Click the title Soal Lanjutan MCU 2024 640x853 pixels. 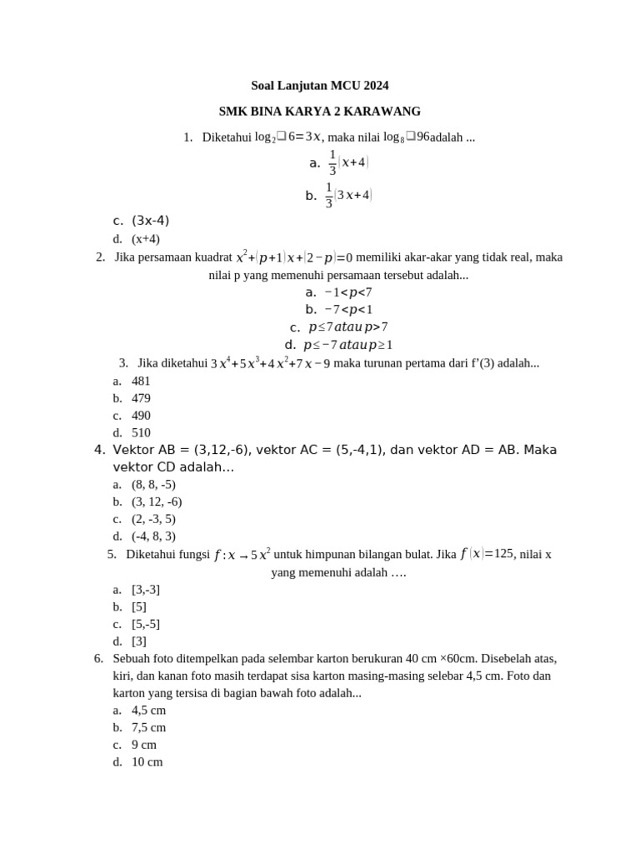[320, 86]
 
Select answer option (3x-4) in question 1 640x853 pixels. [150, 221]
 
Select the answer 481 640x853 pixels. [141, 381]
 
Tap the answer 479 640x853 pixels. [141, 398]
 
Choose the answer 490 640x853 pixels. [141, 416]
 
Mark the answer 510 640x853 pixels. [141, 433]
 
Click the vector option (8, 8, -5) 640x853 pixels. [153, 484]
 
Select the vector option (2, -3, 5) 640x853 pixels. [153, 519]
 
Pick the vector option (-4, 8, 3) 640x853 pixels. [153, 536]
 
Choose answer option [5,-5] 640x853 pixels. [146, 624]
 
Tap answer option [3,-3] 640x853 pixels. [146, 590]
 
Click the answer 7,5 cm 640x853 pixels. [148, 727]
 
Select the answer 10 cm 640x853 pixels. [147, 762]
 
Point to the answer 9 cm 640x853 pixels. [144, 745]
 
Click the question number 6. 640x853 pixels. [98, 658]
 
